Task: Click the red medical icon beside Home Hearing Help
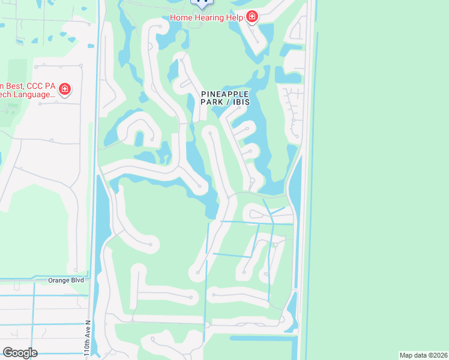(252, 17)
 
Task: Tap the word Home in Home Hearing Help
(181, 17)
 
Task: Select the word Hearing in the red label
(209, 17)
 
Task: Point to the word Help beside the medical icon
(235, 17)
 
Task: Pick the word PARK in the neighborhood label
(212, 103)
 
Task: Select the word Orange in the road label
(59, 280)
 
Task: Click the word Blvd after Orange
(77, 280)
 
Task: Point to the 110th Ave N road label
(88, 339)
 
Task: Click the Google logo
(20, 353)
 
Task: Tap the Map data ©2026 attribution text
(423, 355)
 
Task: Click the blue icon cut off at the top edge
(202, 2)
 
